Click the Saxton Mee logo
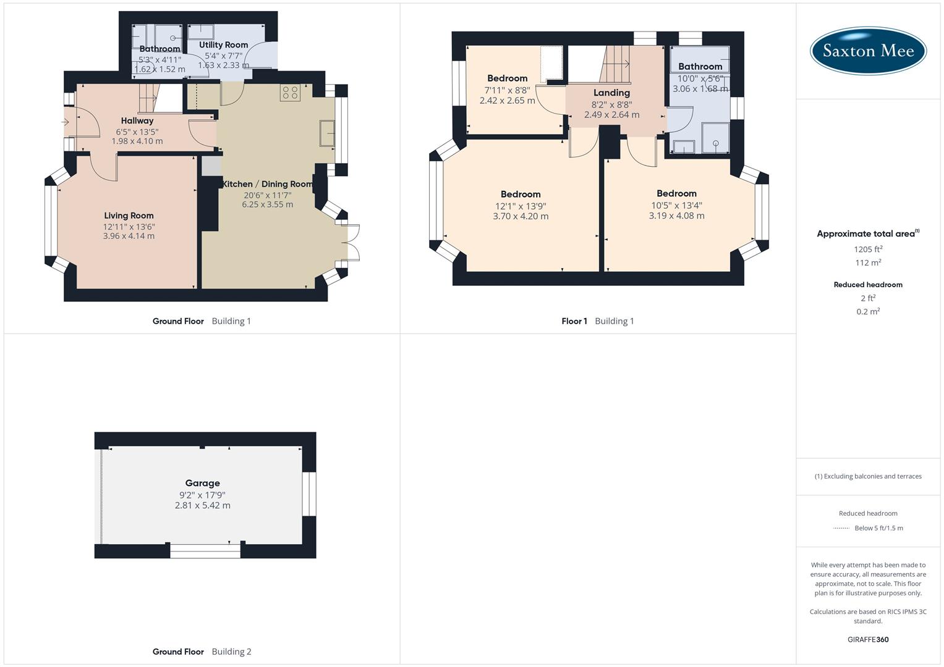coord(868,51)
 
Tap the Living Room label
coord(129,216)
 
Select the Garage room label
coord(202,483)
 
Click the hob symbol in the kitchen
coord(290,93)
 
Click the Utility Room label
coord(223,44)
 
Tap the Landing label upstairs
coord(611,93)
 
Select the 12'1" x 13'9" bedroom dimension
coord(521,206)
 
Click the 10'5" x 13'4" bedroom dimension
coord(676,205)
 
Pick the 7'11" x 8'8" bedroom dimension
coord(507,90)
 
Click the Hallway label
coord(137,120)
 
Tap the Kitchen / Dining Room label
coord(267,184)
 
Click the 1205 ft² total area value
coord(868,249)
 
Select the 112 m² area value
coord(868,262)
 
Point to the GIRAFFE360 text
coord(868,639)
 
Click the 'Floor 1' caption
coord(574,321)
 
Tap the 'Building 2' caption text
coord(231,652)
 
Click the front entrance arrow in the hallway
coord(66,122)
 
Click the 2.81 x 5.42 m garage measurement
coord(202,505)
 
